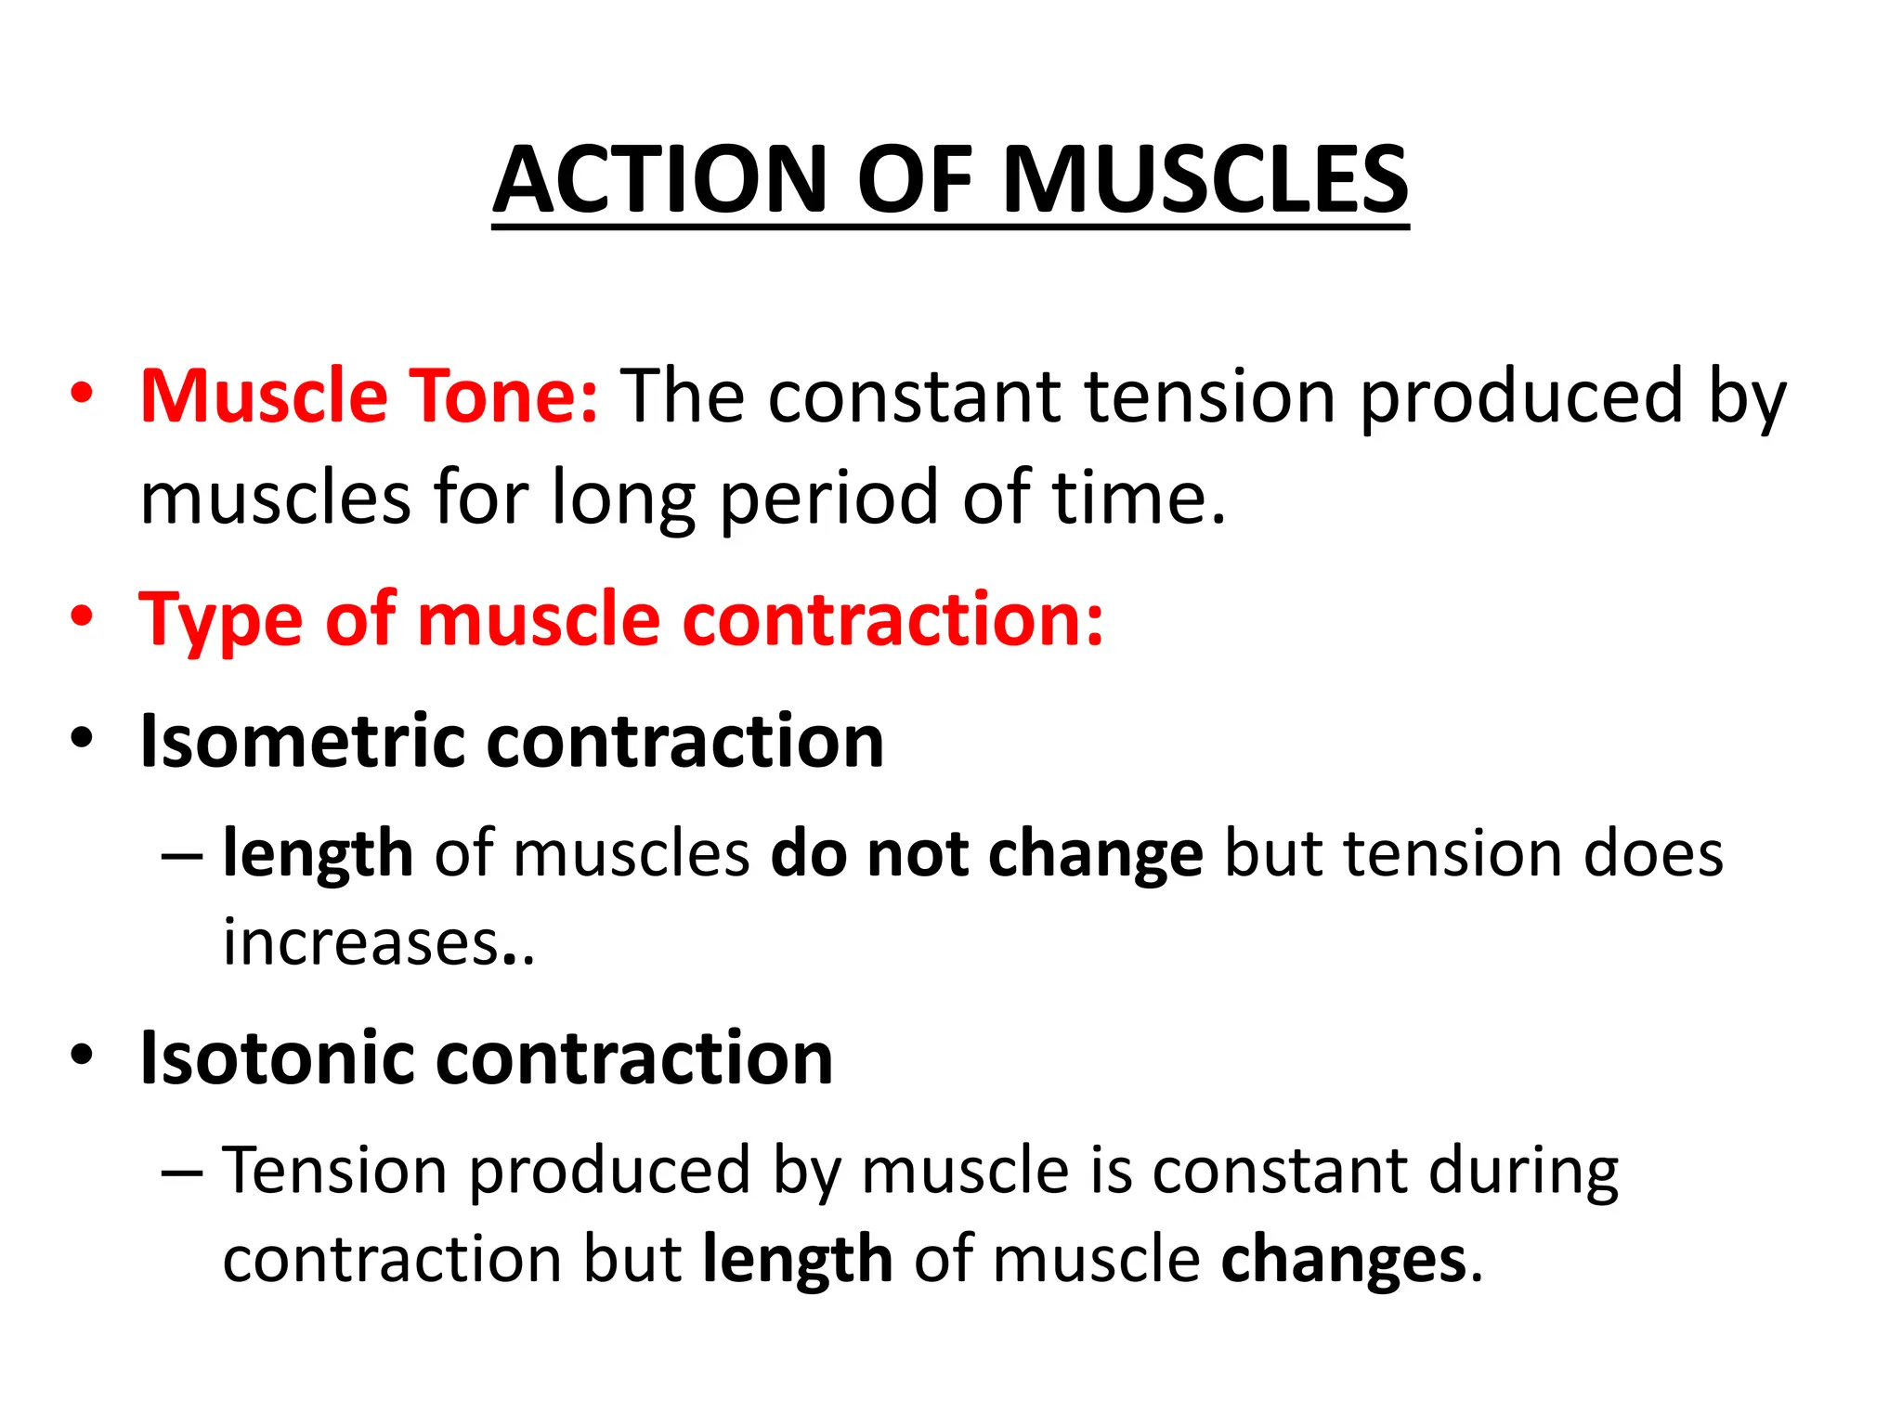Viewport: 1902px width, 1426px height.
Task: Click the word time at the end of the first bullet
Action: coord(1128,498)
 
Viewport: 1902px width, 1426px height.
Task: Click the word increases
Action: coord(362,943)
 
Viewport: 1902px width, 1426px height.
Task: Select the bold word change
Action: coord(1096,854)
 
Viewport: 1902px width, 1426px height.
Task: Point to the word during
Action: coord(1523,1172)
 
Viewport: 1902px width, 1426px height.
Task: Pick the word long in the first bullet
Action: coord(623,499)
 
